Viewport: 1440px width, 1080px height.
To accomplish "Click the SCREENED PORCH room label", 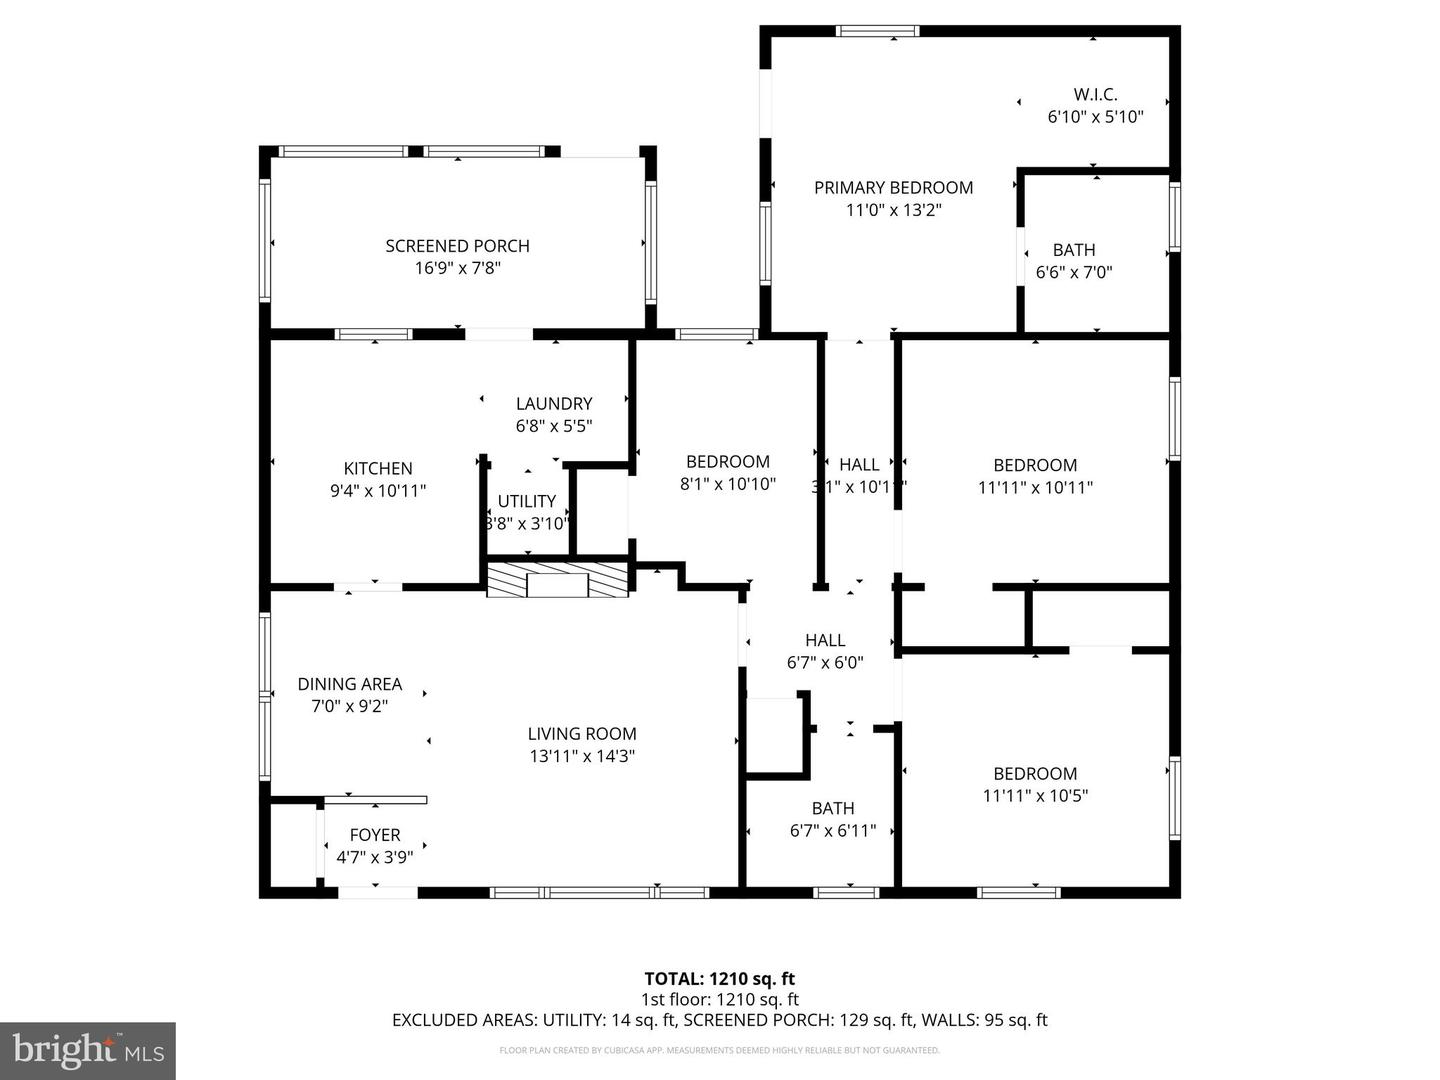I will coord(457,246).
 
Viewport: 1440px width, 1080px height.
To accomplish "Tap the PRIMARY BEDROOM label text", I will coord(893,188).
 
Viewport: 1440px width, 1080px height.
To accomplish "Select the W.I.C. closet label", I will coord(1095,95).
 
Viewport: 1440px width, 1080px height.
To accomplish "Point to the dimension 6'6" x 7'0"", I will coord(1074,272).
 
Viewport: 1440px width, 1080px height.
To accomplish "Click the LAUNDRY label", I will coord(554,404).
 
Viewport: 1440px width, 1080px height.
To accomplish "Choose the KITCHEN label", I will coord(378,469).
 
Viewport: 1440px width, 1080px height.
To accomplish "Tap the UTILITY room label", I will coord(527,502).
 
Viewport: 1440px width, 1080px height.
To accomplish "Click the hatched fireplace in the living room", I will coord(558,580).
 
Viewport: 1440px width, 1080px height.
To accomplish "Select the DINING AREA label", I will coord(349,685).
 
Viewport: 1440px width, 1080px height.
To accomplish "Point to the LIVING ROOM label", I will coord(582,734).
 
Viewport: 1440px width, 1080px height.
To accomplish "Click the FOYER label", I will coord(375,835).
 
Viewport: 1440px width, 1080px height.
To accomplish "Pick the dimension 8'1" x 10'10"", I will coord(728,484).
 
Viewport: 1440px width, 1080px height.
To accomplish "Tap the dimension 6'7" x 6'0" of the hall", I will coord(825,662).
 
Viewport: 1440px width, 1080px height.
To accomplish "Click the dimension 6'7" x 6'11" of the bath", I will coord(833,830).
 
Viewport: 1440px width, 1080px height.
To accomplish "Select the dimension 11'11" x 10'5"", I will coord(1035,796).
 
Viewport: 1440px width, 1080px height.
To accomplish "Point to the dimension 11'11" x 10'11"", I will coord(1035,488).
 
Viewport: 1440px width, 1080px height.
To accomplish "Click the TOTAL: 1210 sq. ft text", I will coord(719,979).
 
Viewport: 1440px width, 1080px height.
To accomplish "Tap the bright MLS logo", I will coord(88,1050).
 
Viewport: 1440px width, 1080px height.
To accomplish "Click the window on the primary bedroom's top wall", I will coord(877,31).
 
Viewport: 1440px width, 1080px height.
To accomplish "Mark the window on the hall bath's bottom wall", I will coord(846,892).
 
